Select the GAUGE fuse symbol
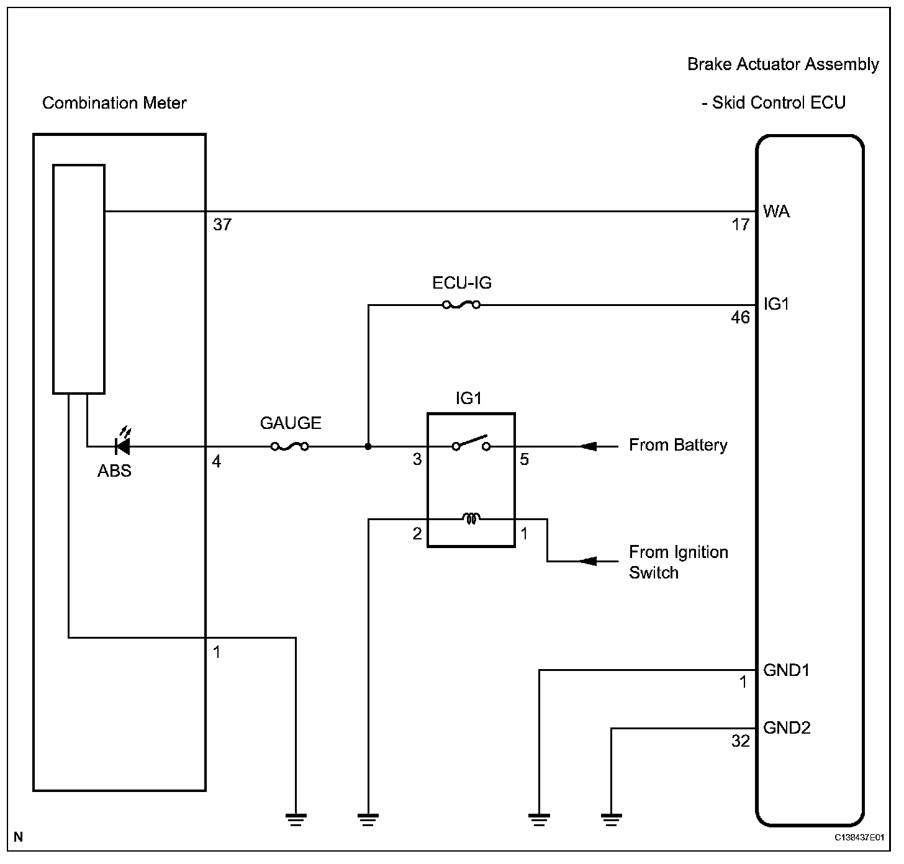coord(290,446)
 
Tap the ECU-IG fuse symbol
coord(461,305)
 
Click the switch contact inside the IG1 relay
coord(471,443)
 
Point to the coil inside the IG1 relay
coord(471,518)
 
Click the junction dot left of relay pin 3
coord(368,446)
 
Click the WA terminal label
coord(776,212)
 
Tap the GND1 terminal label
coord(786,670)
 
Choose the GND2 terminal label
coord(787,727)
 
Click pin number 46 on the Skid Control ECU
coord(740,318)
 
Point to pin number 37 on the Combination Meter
coord(222,225)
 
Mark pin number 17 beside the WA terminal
coord(740,225)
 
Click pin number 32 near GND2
coord(740,741)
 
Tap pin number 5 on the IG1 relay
coord(525,460)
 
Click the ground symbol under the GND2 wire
coord(612,819)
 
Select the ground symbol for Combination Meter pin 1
coord(296,819)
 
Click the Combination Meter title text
coord(114,103)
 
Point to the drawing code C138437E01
coord(859,837)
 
